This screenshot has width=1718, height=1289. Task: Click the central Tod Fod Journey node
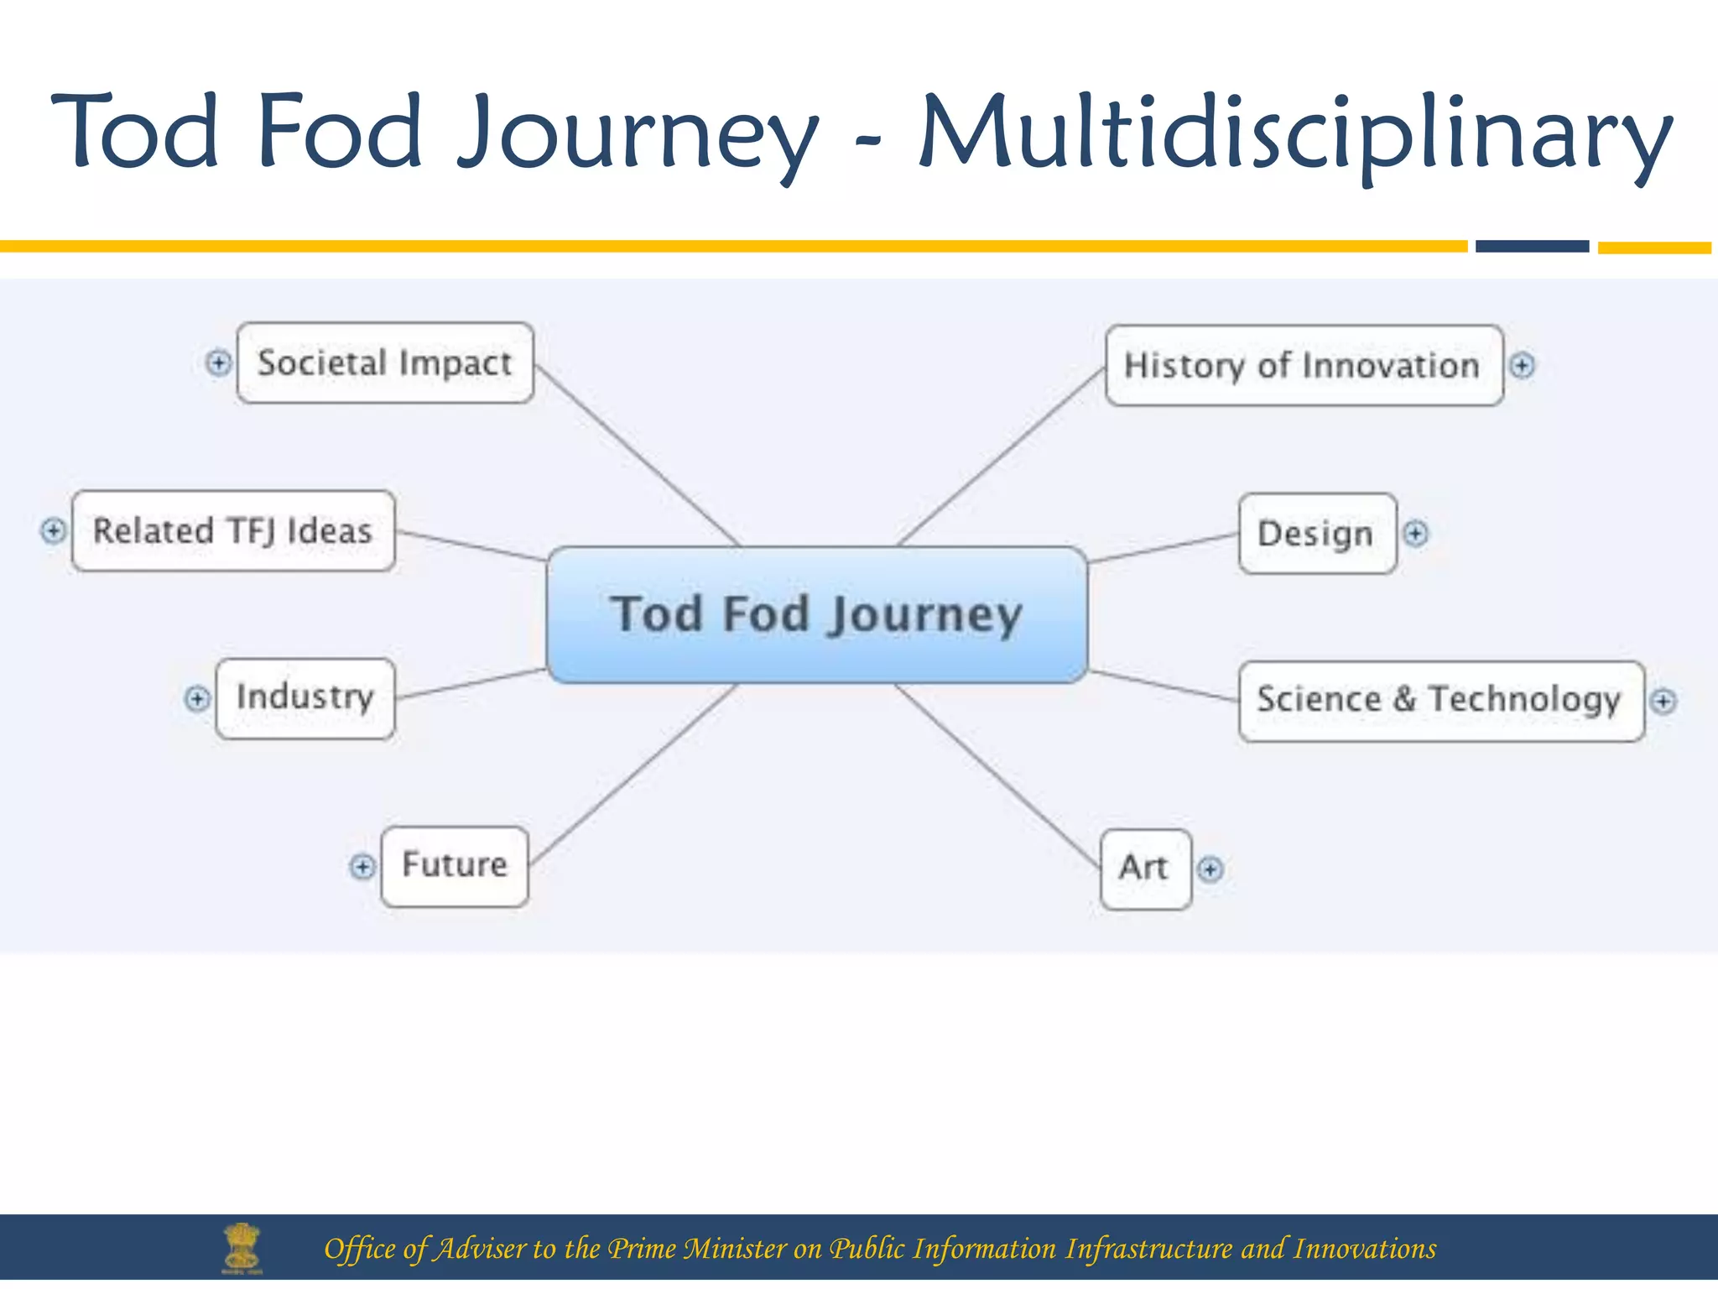tap(816, 614)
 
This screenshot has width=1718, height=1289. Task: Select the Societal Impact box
tap(385, 363)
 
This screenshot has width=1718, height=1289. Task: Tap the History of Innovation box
tap(1303, 366)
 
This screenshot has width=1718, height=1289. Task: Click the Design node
tap(1316, 534)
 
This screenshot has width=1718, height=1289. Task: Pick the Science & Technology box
tap(1440, 701)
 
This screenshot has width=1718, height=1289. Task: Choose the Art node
tap(1145, 869)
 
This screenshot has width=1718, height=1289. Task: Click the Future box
tap(455, 866)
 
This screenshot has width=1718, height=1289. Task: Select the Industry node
tap(305, 698)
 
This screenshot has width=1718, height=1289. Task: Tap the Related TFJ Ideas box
tap(233, 531)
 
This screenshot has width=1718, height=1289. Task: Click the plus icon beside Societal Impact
tap(218, 363)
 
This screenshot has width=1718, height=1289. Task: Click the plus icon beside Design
tap(1415, 534)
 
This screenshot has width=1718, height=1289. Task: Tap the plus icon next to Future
tap(362, 866)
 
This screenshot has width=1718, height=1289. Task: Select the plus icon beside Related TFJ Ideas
tap(53, 530)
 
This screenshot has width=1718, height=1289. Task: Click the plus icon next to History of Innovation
tap(1522, 366)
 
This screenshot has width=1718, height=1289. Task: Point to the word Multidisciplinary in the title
tap(1296, 134)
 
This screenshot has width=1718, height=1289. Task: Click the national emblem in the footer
tap(242, 1248)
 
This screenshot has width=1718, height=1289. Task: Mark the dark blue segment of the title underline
tap(1532, 246)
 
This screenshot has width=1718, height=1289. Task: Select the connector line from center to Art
tap(998, 775)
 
